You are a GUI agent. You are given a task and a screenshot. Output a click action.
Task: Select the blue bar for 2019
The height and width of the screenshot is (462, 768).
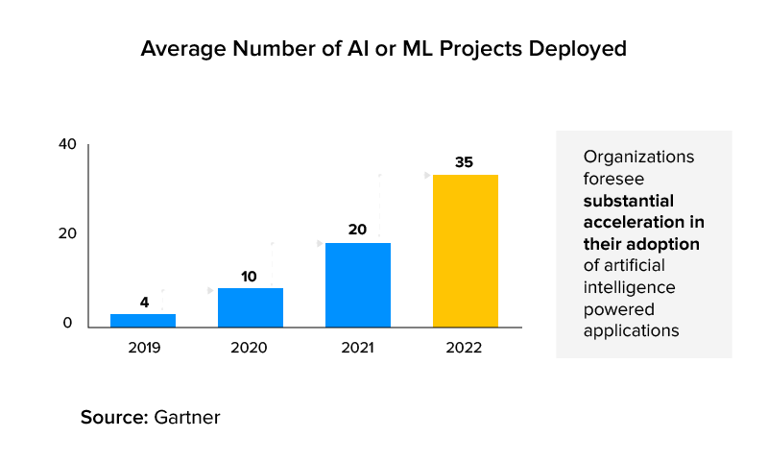coord(143,321)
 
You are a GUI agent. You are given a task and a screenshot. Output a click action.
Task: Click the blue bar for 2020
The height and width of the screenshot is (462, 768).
coord(250,307)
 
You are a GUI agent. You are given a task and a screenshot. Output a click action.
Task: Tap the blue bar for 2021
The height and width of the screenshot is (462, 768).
coord(357,285)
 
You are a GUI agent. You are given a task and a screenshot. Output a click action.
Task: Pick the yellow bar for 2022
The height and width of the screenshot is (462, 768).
coord(465,251)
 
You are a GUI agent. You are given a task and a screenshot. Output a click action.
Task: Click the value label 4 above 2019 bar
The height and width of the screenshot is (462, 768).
coord(144,303)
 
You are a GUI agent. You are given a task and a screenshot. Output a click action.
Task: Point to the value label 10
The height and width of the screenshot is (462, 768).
coord(249,277)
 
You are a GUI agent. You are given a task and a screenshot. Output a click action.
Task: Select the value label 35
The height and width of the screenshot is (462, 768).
coord(465,162)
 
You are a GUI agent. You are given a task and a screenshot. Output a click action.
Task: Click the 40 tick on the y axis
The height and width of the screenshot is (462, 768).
coord(66,145)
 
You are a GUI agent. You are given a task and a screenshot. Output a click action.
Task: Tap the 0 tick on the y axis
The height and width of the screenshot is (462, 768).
coord(68,324)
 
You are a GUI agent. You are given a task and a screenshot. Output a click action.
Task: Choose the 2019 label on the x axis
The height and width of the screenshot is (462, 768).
coord(144,347)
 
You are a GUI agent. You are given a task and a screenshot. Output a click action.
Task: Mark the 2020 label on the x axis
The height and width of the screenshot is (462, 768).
coord(249,347)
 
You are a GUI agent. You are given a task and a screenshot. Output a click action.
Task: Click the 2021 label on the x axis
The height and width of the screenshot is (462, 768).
coord(357,347)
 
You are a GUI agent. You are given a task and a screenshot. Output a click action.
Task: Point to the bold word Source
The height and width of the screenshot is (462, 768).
coord(112,418)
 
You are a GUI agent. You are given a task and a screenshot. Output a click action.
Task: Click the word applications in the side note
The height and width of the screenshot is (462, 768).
coord(631,330)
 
